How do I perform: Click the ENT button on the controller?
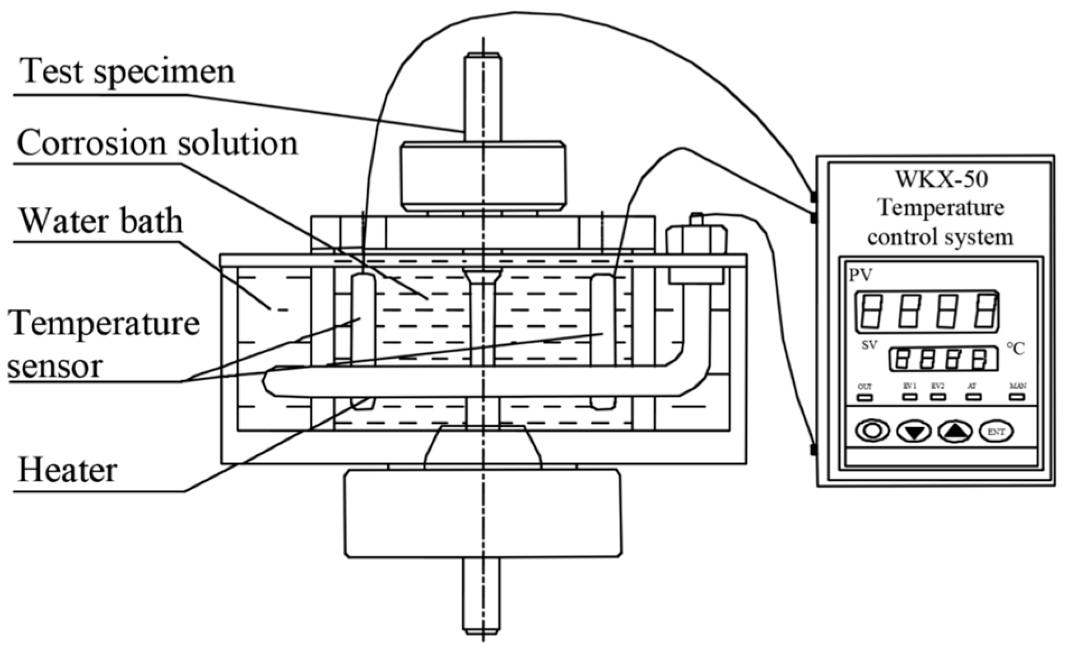point(996,432)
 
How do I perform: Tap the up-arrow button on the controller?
point(955,432)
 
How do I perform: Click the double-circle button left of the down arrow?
point(872,431)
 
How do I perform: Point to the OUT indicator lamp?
point(864,397)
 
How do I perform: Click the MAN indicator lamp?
point(1017,397)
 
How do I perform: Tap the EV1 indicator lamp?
point(910,397)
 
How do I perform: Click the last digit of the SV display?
point(979,359)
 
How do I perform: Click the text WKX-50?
point(941,179)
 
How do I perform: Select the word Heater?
point(67,470)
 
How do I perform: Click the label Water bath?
point(101,221)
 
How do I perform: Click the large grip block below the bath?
point(483,514)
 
